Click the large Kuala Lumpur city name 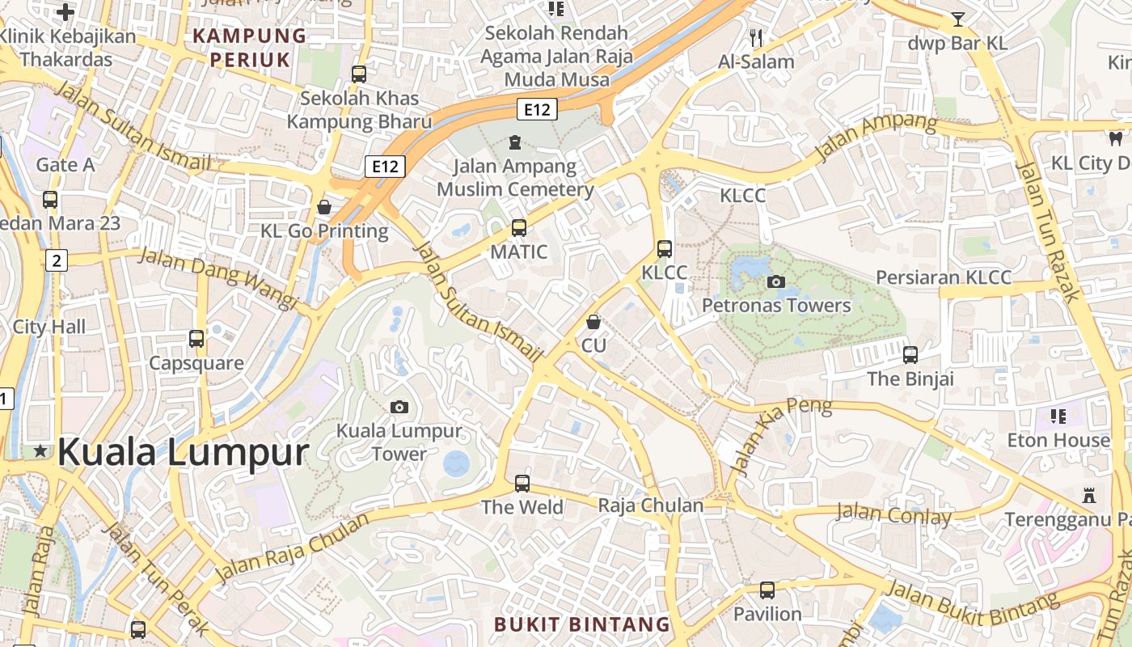183,452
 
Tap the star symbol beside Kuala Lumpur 40,451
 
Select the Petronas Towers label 776,305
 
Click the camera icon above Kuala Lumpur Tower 399,407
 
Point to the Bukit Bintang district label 582,624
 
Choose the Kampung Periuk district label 250,48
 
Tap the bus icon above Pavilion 767,590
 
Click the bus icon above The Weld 522,484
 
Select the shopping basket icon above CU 593,322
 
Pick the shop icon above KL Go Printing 324,207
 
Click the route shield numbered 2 57,260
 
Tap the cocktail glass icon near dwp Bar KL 958,19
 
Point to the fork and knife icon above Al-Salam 756,37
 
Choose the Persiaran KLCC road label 944,277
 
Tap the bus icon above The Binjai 910,354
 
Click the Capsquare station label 196,363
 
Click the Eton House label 1058,440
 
